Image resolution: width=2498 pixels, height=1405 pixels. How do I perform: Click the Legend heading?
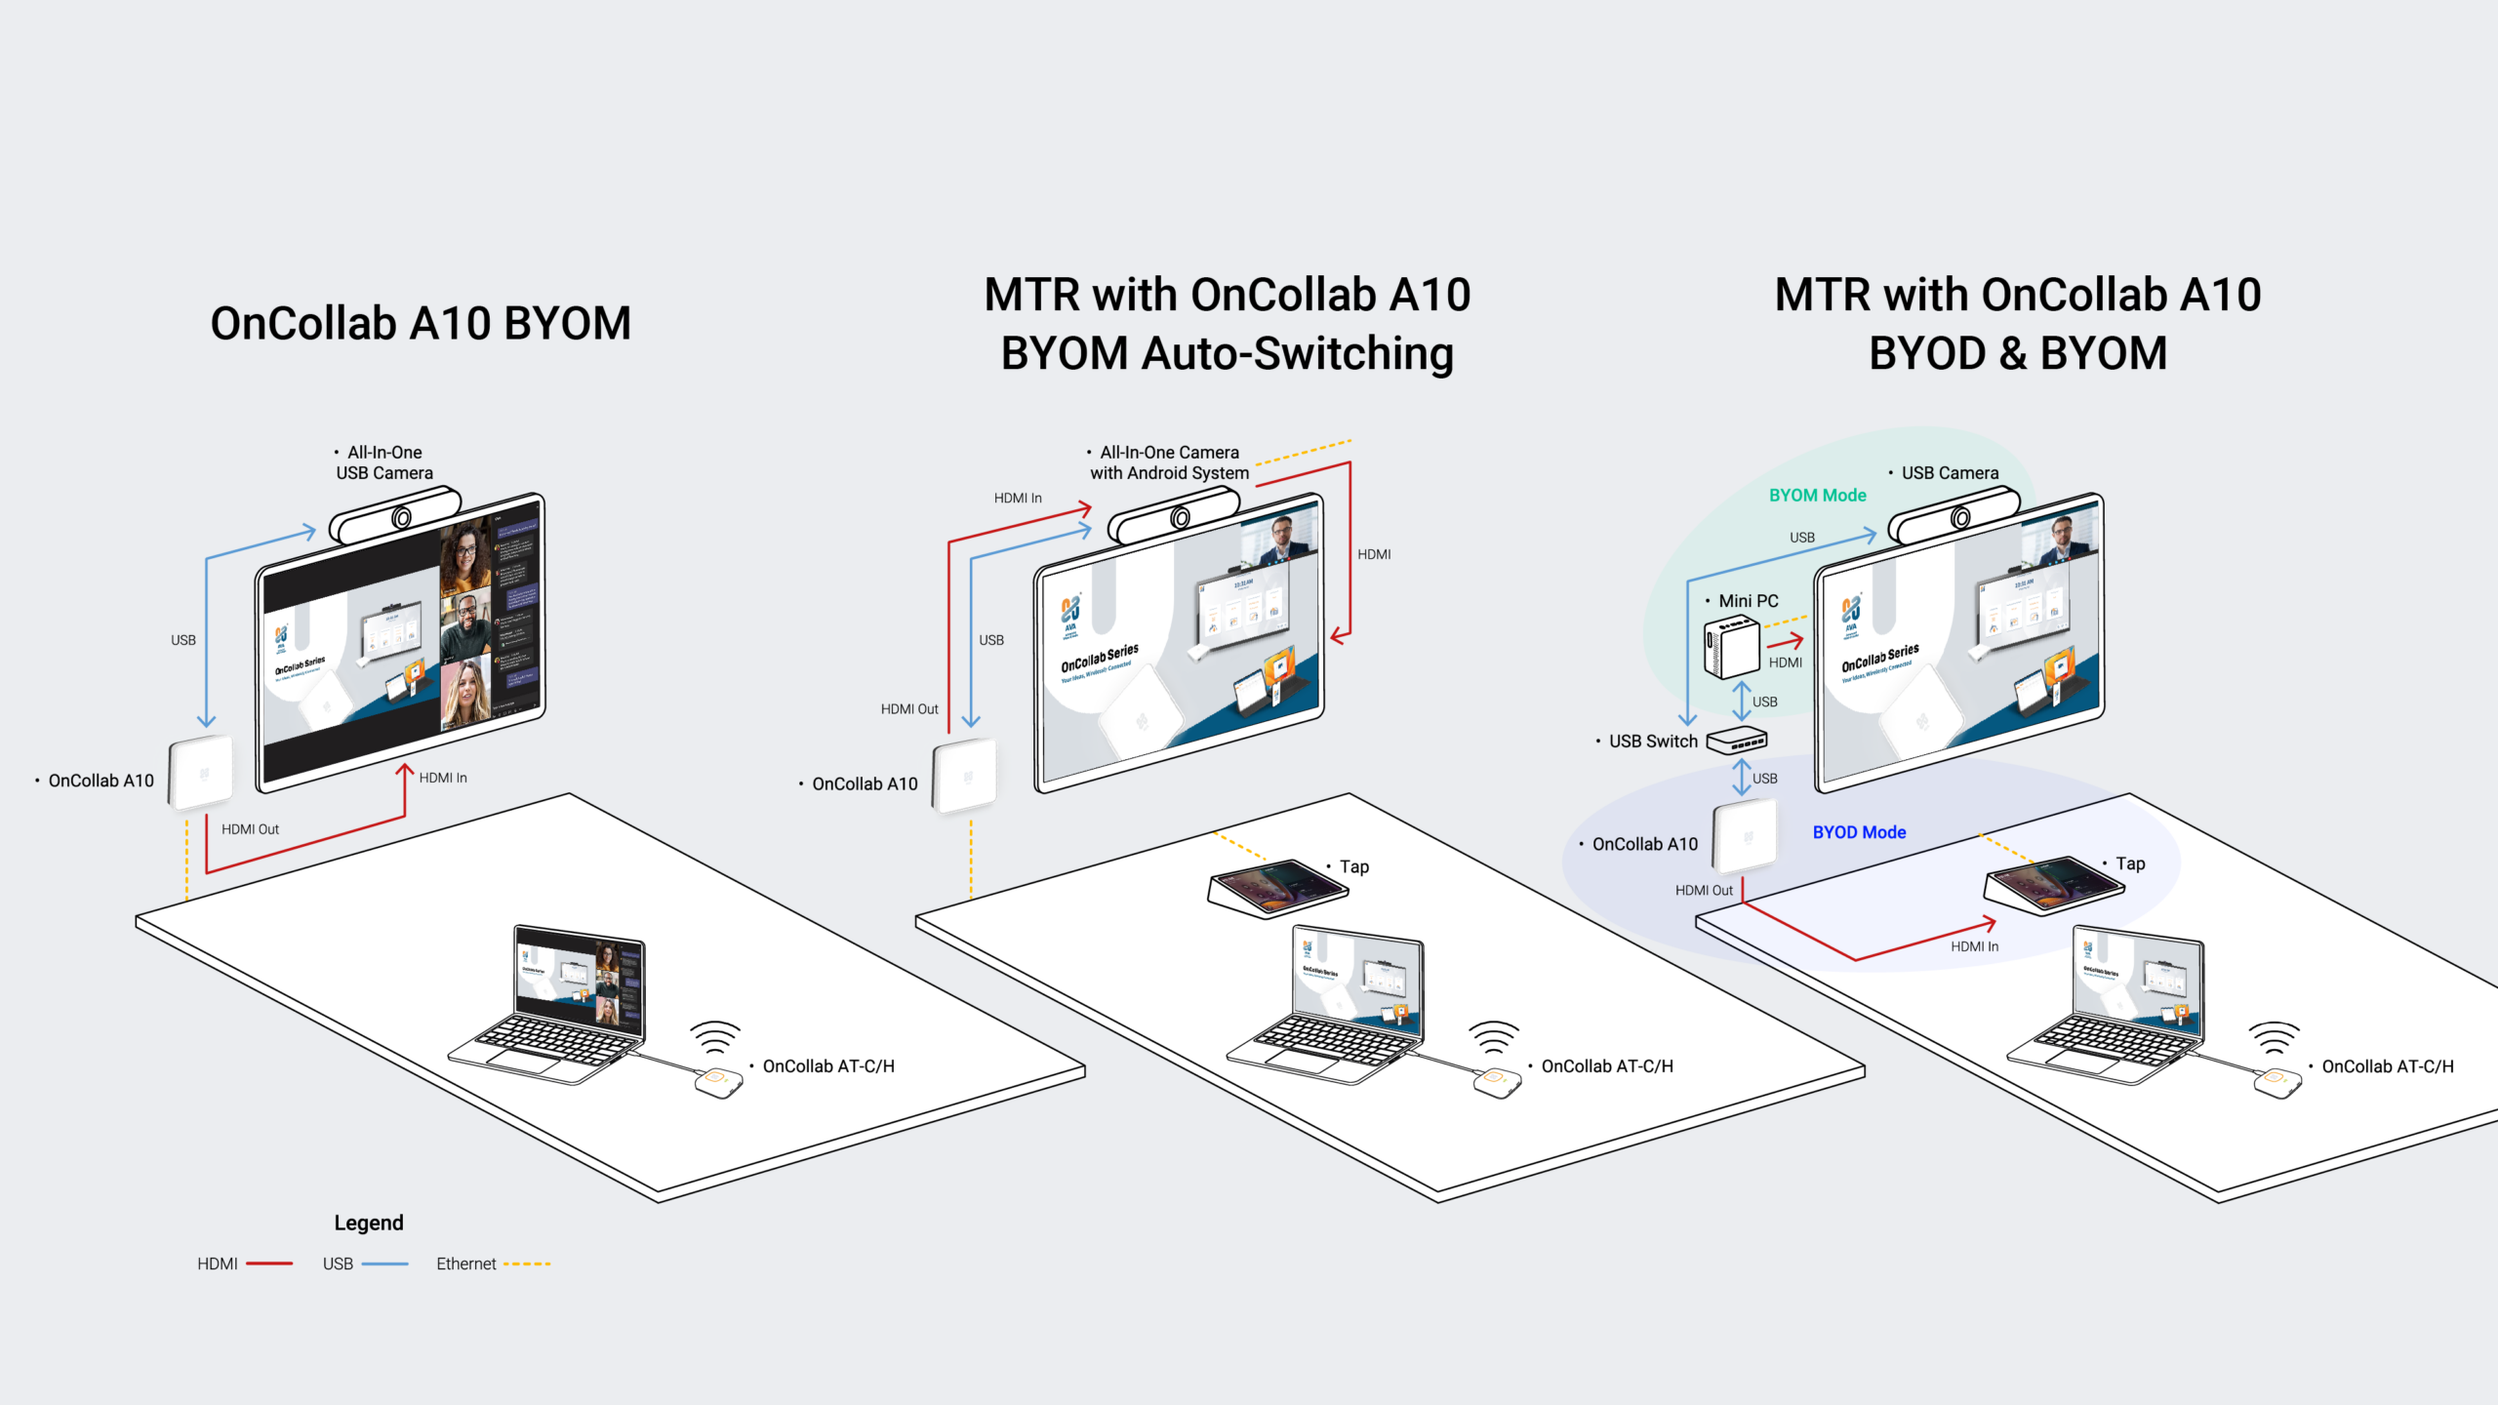(368, 1223)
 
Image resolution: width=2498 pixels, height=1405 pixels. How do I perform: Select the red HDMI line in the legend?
(269, 1264)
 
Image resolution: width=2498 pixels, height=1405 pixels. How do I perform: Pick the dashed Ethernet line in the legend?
(527, 1264)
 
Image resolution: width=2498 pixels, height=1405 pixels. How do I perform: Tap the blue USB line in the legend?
(384, 1264)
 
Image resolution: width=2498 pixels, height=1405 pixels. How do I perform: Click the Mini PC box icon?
(1732, 647)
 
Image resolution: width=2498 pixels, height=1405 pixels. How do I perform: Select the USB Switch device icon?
(1737, 741)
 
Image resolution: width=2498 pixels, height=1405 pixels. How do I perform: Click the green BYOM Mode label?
(1817, 496)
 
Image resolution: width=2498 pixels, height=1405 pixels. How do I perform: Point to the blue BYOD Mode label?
(1859, 832)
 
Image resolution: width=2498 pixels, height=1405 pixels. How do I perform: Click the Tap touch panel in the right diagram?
(2053, 885)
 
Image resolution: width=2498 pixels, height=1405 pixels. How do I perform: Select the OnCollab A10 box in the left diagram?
(201, 773)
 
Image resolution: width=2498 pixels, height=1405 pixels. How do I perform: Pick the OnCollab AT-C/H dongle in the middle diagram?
(1497, 1082)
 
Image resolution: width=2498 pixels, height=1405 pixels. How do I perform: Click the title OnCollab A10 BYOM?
(421, 323)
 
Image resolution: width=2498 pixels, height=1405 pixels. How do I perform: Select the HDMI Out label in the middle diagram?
(908, 709)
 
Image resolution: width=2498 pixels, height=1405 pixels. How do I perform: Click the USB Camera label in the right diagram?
(1949, 473)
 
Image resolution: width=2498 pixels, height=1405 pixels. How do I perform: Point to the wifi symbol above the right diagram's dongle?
(2274, 1037)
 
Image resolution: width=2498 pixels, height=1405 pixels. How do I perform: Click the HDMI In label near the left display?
(443, 778)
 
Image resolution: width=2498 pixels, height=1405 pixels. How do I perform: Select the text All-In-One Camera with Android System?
(1169, 462)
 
